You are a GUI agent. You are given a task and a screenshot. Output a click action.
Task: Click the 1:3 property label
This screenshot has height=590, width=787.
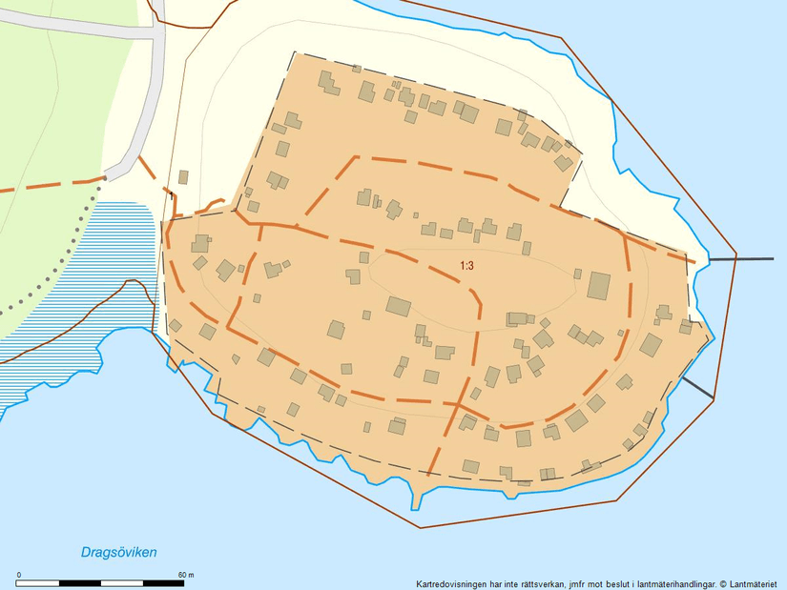[x=466, y=266]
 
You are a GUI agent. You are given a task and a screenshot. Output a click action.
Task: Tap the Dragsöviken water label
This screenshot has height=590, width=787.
[x=119, y=552]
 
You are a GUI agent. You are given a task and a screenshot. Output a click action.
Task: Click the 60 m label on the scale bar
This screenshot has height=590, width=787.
[x=185, y=574]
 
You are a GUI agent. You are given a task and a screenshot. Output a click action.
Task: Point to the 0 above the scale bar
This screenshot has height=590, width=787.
[x=20, y=574]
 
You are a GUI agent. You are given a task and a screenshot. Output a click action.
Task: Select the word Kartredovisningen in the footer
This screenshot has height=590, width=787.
[x=451, y=583]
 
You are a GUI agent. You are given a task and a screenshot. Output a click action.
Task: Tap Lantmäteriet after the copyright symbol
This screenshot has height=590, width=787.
[x=756, y=583]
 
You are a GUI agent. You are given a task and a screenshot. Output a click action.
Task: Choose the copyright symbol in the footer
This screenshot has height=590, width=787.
[x=723, y=583]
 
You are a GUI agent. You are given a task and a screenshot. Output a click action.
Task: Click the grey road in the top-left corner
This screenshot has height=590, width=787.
[x=76, y=31]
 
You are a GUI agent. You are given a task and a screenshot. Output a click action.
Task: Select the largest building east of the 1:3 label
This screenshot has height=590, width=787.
[x=598, y=285]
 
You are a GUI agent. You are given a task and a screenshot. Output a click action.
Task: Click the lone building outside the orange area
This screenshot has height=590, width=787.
[x=183, y=176]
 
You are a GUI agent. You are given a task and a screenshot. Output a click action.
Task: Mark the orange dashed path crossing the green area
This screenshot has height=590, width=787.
[x=48, y=184]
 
